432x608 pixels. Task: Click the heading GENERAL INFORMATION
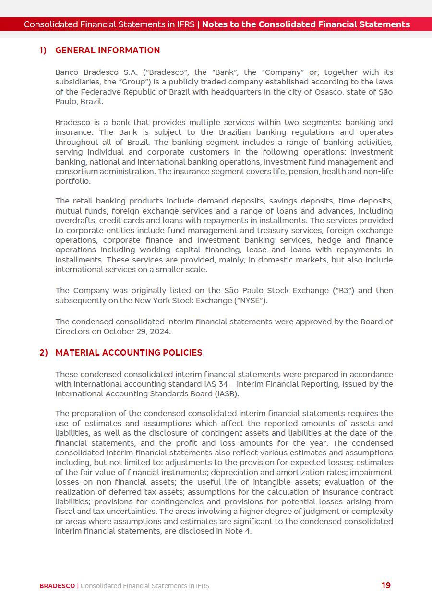[108, 50]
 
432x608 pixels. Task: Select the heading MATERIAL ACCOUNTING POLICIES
[129, 353]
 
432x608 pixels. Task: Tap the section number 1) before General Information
[43, 50]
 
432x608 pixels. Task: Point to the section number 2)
[43, 353]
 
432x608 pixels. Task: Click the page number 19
[386, 585]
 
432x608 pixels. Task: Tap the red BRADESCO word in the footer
[57, 586]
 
